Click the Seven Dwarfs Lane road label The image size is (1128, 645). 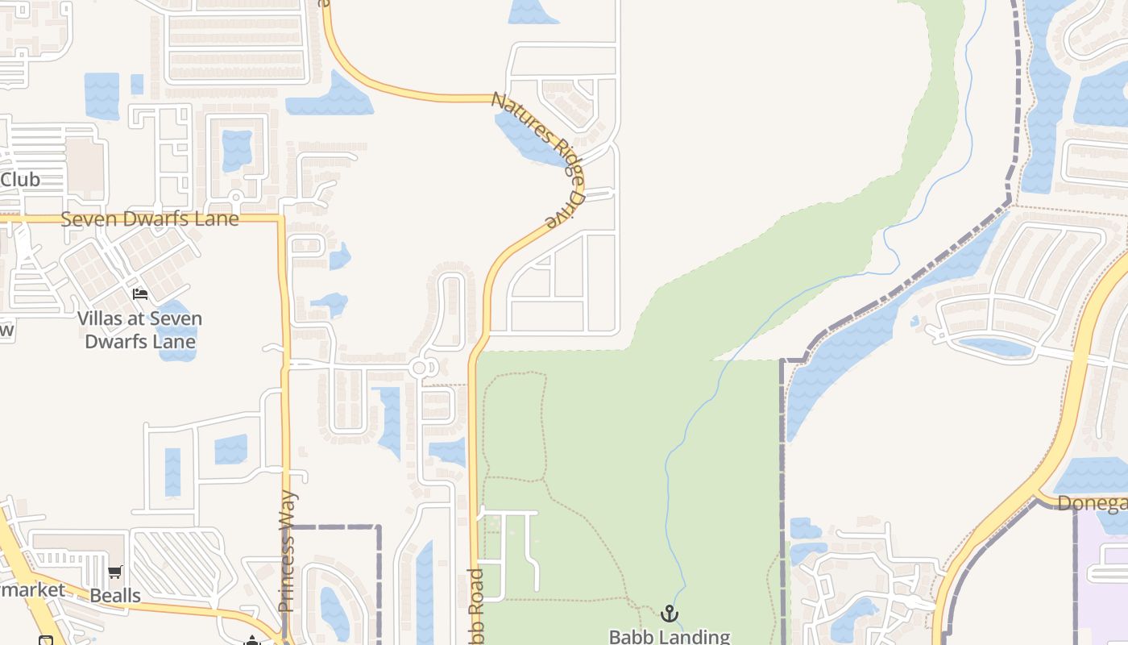[150, 219]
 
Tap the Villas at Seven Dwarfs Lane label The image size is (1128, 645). [140, 330]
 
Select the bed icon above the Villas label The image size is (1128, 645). [140, 294]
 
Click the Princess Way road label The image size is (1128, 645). [287, 551]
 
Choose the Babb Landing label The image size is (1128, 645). [669, 636]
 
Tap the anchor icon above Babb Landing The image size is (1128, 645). [669, 614]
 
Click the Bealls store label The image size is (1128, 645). [115, 596]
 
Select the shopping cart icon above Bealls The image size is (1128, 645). [115, 572]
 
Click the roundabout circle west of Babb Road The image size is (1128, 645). [419, 368]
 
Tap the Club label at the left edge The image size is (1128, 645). [20, 180]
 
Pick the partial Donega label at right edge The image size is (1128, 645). [1092, 503]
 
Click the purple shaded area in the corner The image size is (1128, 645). [1104, 580]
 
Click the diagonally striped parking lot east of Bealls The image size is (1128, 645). [173, 560]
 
